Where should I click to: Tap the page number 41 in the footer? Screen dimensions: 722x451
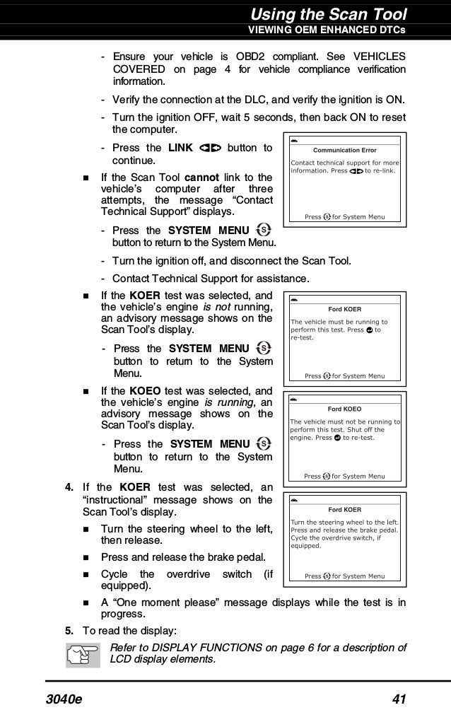coord(398,700)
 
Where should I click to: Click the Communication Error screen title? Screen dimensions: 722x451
coord(344,150)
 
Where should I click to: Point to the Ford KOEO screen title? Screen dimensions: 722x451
coord(344,409)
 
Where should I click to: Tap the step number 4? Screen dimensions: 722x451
coord(69,487)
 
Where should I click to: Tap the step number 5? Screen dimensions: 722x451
coord(69,630)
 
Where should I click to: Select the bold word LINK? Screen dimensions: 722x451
coord(181,148)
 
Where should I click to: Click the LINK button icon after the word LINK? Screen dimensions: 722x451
coord(211,148)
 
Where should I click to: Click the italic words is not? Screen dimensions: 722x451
coord(218,306)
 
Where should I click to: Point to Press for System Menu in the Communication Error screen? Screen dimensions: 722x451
coord(344,216)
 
